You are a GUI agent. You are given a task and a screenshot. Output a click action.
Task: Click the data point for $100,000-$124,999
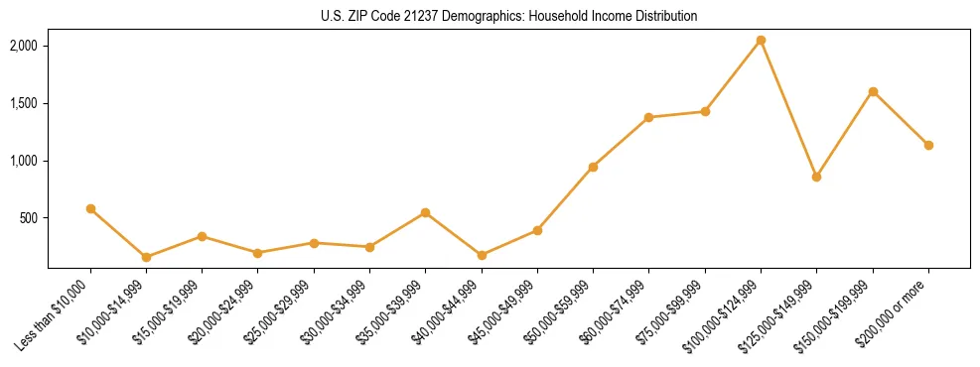coord(761,40)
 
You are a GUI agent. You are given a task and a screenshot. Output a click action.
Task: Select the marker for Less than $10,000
coord(90,208)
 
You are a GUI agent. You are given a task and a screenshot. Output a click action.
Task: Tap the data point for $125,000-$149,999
coord(816,177)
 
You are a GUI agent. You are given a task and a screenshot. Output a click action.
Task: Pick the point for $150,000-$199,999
coord(873,91)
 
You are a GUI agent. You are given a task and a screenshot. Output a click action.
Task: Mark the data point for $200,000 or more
coord(928,145)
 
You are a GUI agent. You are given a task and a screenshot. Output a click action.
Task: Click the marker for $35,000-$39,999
coord(425,212)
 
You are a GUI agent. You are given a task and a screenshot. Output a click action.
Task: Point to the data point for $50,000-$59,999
coord(593,167)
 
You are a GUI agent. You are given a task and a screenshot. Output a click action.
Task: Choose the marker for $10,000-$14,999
coord(146,257)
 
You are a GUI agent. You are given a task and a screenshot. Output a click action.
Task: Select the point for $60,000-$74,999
coord(648,117)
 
